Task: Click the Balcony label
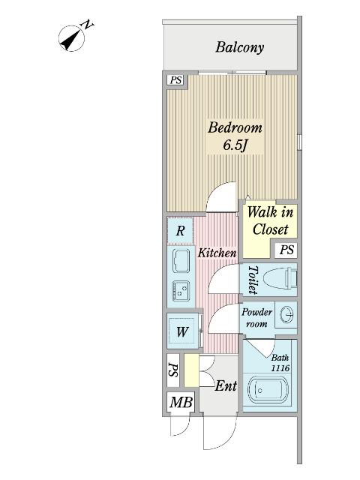(x=239, y=47)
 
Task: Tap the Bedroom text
(x=235, y=127)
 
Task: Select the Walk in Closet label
(x=269, y=221)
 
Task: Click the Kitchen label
(x=217, y=253)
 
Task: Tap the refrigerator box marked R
(x=180, y=231)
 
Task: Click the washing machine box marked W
(x=181, y=331)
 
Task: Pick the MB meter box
(x=180, y=403)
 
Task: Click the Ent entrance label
(x=226, y=387)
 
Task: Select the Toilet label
(x=252, y=280)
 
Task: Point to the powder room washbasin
(x=286, y=314)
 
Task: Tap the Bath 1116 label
(x=280, y=364)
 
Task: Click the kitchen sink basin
(x=181, y=262)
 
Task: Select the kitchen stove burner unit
(x=181, y=289)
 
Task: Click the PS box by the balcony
(x=175, y=80)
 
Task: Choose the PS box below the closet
(x=286, y=250)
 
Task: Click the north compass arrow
(x=75, y=37)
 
